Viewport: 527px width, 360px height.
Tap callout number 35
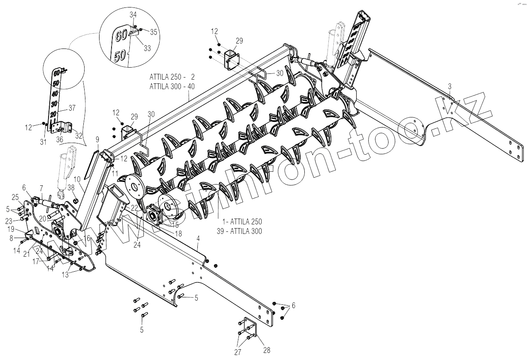[153, 32]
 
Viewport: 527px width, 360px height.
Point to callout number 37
[72, 108]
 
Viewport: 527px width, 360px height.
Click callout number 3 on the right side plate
[450, 86]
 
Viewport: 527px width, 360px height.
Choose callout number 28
[267, 350]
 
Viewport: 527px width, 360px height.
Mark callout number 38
[71, 187]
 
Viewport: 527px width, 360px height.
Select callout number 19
[11, 229]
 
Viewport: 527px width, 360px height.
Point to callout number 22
[134, 207]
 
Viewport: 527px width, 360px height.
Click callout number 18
[178, 234]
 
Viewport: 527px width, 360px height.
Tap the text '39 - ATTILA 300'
[239, 231]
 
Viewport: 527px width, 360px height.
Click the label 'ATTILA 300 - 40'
[172, 86]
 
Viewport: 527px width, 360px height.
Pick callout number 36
[60, 140]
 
